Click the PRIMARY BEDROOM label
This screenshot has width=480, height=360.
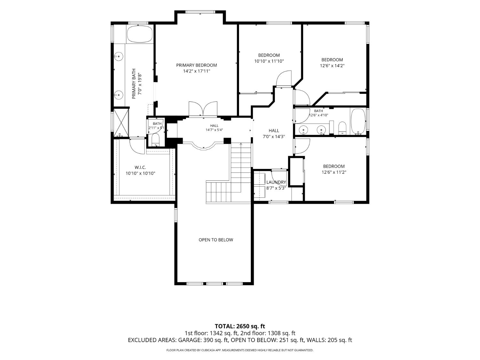click(x=196, y=65)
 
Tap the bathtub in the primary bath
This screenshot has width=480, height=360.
click(x=140, y=34)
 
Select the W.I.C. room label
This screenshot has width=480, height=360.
click(x=140, y=167)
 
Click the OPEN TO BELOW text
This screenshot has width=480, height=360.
click(x=216, y=240)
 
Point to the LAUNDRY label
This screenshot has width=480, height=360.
click(x=276, y=182)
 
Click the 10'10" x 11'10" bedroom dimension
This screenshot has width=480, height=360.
click(x=269, y=61)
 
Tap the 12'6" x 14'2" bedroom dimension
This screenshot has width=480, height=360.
click(x=332, y=66)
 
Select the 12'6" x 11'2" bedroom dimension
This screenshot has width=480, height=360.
click(x=334, y=172)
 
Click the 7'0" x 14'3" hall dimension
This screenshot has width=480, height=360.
click(x=274, y=137)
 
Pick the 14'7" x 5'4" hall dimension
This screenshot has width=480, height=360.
click(x=214, y=130)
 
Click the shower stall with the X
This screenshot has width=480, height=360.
click(x=121, y=123)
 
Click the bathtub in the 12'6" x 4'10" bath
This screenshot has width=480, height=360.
click(x=358, y=121)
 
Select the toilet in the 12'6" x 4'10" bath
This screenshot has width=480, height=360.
click(x=342, y=128)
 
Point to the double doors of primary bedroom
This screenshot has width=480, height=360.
click(x=203, y=108)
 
